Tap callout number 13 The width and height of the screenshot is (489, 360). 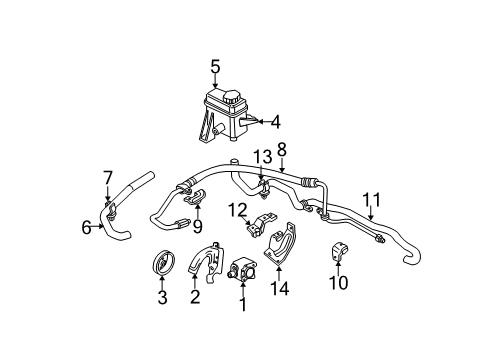pos(262,158)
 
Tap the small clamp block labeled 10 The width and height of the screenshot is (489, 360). pos(335,253)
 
